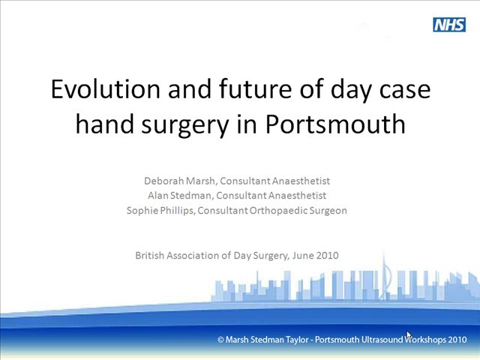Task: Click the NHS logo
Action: pyautogui.click(x=449, y=25)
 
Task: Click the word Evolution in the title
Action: pyautogui.click(x=106, y=89)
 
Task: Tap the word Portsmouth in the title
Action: pyautogui.click(x=335, y=124)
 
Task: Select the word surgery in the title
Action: pyautogui.click(x=185, y=126)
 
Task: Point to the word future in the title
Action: pyautogui.click(x=255, y=88)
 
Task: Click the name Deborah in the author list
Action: pyautogui.click(x=163, y=181)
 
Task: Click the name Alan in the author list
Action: pyautogui.click(x=158, y=195)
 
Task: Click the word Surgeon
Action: pyautogui.click(x=328, y=211)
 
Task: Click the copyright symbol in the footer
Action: pyautogui.click(x=220, y=340)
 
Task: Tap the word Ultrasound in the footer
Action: pyautogui.click(x=382, y=340)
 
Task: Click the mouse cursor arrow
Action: pyautogui.click(x=409, y=335)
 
